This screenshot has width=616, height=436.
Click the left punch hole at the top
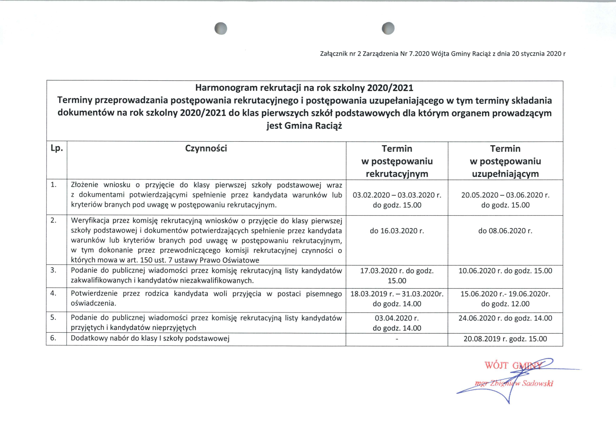221,28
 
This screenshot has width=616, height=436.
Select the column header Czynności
206,148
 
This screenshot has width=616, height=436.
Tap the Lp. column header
57,148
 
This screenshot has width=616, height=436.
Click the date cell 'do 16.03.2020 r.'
397,231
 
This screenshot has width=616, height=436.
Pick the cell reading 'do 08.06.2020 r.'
505,231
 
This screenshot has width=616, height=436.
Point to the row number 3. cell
53,270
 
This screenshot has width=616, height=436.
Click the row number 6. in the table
53,338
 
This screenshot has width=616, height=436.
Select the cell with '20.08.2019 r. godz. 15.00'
505,339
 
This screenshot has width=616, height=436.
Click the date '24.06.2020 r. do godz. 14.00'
505,318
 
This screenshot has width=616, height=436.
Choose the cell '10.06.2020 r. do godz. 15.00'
505,271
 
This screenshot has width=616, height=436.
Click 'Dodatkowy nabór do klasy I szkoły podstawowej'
150,338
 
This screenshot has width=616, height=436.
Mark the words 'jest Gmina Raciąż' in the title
304,126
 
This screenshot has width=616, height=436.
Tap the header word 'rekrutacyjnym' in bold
397,174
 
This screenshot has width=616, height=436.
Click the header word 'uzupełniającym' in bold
505,174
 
